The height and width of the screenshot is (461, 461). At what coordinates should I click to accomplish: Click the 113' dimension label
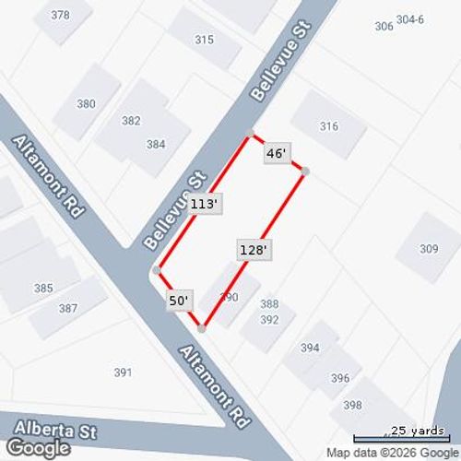(205, 204)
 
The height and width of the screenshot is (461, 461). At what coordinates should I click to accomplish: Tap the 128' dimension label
(253, 249)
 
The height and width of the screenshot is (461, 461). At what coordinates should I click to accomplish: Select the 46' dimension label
(275, 154)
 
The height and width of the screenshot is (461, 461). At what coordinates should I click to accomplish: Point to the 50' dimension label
(179, 300)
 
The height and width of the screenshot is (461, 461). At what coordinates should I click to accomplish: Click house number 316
(328, 126)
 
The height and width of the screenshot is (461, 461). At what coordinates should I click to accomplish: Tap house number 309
(429, 248)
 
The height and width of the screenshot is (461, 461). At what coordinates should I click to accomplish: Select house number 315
(204, 40)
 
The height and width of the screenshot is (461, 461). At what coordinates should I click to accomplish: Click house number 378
(60, 15)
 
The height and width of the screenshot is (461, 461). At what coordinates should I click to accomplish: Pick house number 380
(86, 104)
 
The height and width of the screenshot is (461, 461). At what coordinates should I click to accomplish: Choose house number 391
(123, 372)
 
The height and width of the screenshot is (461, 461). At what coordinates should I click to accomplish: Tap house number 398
(352, 405)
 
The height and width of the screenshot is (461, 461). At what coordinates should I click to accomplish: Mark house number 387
(67, 309)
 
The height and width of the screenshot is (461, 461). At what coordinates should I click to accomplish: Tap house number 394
(310, 348)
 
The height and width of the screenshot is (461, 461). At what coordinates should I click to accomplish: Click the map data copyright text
(391, 453)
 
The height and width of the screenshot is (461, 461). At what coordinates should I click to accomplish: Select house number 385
(43, 288)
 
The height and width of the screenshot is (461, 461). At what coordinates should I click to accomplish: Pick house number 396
(340, 378)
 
